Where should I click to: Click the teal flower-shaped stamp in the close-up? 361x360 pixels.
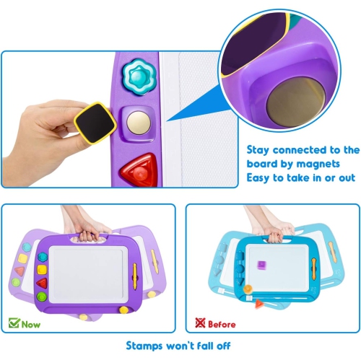[x=135, y=74]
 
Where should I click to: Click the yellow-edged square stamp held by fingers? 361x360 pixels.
[x=93, y=120]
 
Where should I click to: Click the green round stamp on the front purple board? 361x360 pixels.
[x=41, y=296]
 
